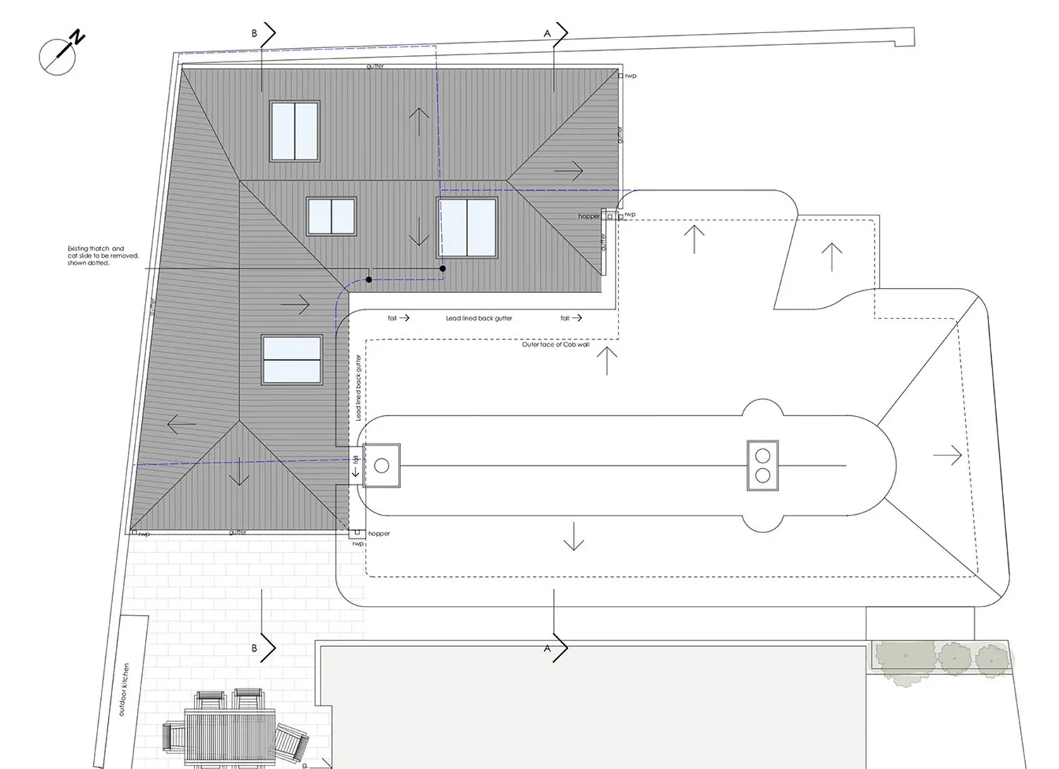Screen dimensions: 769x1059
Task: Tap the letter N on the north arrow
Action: tap(77, 37)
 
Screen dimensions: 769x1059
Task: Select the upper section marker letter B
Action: tap(255, 33)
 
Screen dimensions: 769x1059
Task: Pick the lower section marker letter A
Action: tap(547, 648)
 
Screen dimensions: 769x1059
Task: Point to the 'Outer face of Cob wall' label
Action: tap(556, 345)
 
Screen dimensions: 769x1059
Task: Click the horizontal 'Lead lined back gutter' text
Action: tap(479, 318)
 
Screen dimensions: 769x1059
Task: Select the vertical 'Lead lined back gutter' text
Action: tap(359, 388)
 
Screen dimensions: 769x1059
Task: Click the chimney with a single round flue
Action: tap(381, 465)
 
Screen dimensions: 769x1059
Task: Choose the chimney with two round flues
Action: tap(763, 465)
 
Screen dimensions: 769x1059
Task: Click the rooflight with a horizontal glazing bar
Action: tap(292, 360)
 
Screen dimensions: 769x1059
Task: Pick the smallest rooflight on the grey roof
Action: tap(331, 216)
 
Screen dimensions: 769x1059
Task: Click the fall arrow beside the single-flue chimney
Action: tap(356, 467)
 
